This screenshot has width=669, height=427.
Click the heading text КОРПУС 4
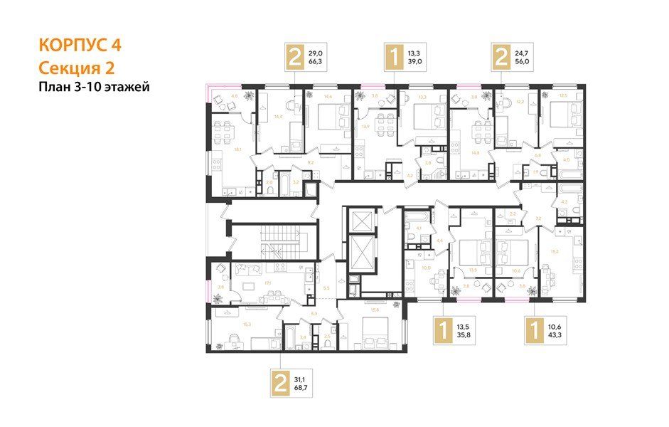pyautogui.click(x=80, y=45)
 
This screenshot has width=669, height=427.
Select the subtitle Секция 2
pyautogui.click(x=75, y=68)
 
